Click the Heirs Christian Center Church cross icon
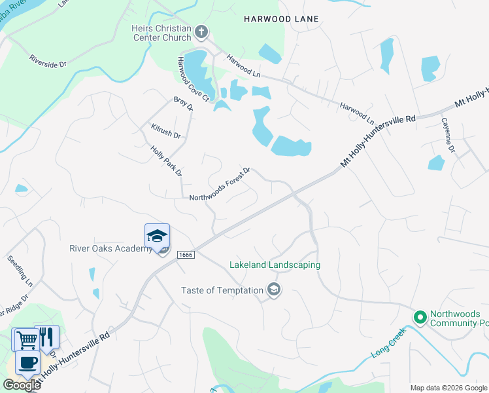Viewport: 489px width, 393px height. (x=201, y=31)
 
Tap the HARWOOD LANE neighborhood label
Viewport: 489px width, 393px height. (x=281, y=19)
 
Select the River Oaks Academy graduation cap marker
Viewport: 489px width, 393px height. (x=157, y=235)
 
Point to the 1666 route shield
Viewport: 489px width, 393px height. (x=184, y=253)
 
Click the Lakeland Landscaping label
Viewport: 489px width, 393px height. (x=275, y=265)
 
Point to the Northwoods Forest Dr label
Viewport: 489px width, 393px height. (x=220, y=185)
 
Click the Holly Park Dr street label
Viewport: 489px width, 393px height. (x=166, y=161)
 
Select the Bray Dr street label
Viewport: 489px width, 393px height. (x=183, y=104)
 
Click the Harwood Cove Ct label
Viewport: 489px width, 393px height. (x=192, y=79)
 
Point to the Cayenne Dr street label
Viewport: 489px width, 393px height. (x=448, y=135)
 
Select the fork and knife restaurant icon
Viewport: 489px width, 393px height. (x=46, y=337)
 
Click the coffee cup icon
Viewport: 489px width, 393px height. (x=27, y=364)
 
